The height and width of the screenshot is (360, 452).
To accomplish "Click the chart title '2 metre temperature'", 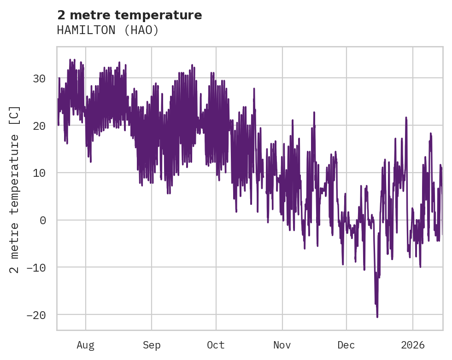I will (x=129, y=15).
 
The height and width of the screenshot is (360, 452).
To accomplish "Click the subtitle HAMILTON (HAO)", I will (x=108, y=30).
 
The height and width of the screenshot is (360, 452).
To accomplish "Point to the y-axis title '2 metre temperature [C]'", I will (x=15, y=189).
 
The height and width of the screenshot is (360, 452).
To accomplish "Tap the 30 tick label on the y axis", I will (x=39, y=79).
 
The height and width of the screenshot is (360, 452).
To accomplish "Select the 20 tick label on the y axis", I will (x=39, y=126).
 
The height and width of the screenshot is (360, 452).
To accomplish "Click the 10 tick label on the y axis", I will (x=39, y=173).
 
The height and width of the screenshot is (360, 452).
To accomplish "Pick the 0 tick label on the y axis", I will (x=42, y=220).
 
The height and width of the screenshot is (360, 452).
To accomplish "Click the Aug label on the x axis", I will (x=85, y=345).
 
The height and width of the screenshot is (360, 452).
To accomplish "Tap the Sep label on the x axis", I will (x=151, y=345).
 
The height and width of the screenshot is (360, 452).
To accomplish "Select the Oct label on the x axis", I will (x=216, y=345).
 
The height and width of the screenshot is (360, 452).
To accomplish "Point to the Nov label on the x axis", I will (x=282, y=345).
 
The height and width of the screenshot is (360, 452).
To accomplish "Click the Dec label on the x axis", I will (x=346, y=345).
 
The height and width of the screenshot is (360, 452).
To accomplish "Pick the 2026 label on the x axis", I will (x=412, y=345).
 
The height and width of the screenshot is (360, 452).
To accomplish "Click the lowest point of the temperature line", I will (x=377, y=317).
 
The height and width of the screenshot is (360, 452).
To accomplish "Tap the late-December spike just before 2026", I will (x=406, y=118).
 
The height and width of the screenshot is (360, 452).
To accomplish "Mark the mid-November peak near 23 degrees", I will (x=314, y=112).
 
